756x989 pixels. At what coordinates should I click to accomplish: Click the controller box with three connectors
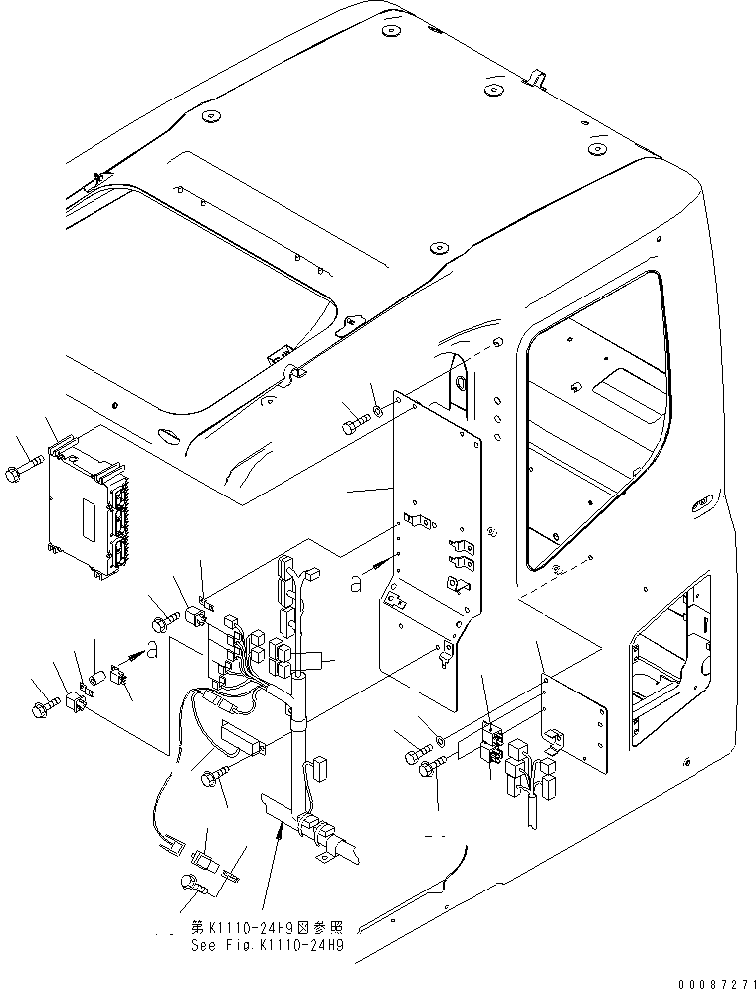tap(88, 502)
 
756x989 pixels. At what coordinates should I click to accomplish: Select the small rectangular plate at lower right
tap(574, 722)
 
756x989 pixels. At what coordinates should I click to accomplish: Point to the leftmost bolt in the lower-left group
tap(47, 709)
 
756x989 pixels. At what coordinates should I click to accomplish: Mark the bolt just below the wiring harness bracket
tap(217, 779)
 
